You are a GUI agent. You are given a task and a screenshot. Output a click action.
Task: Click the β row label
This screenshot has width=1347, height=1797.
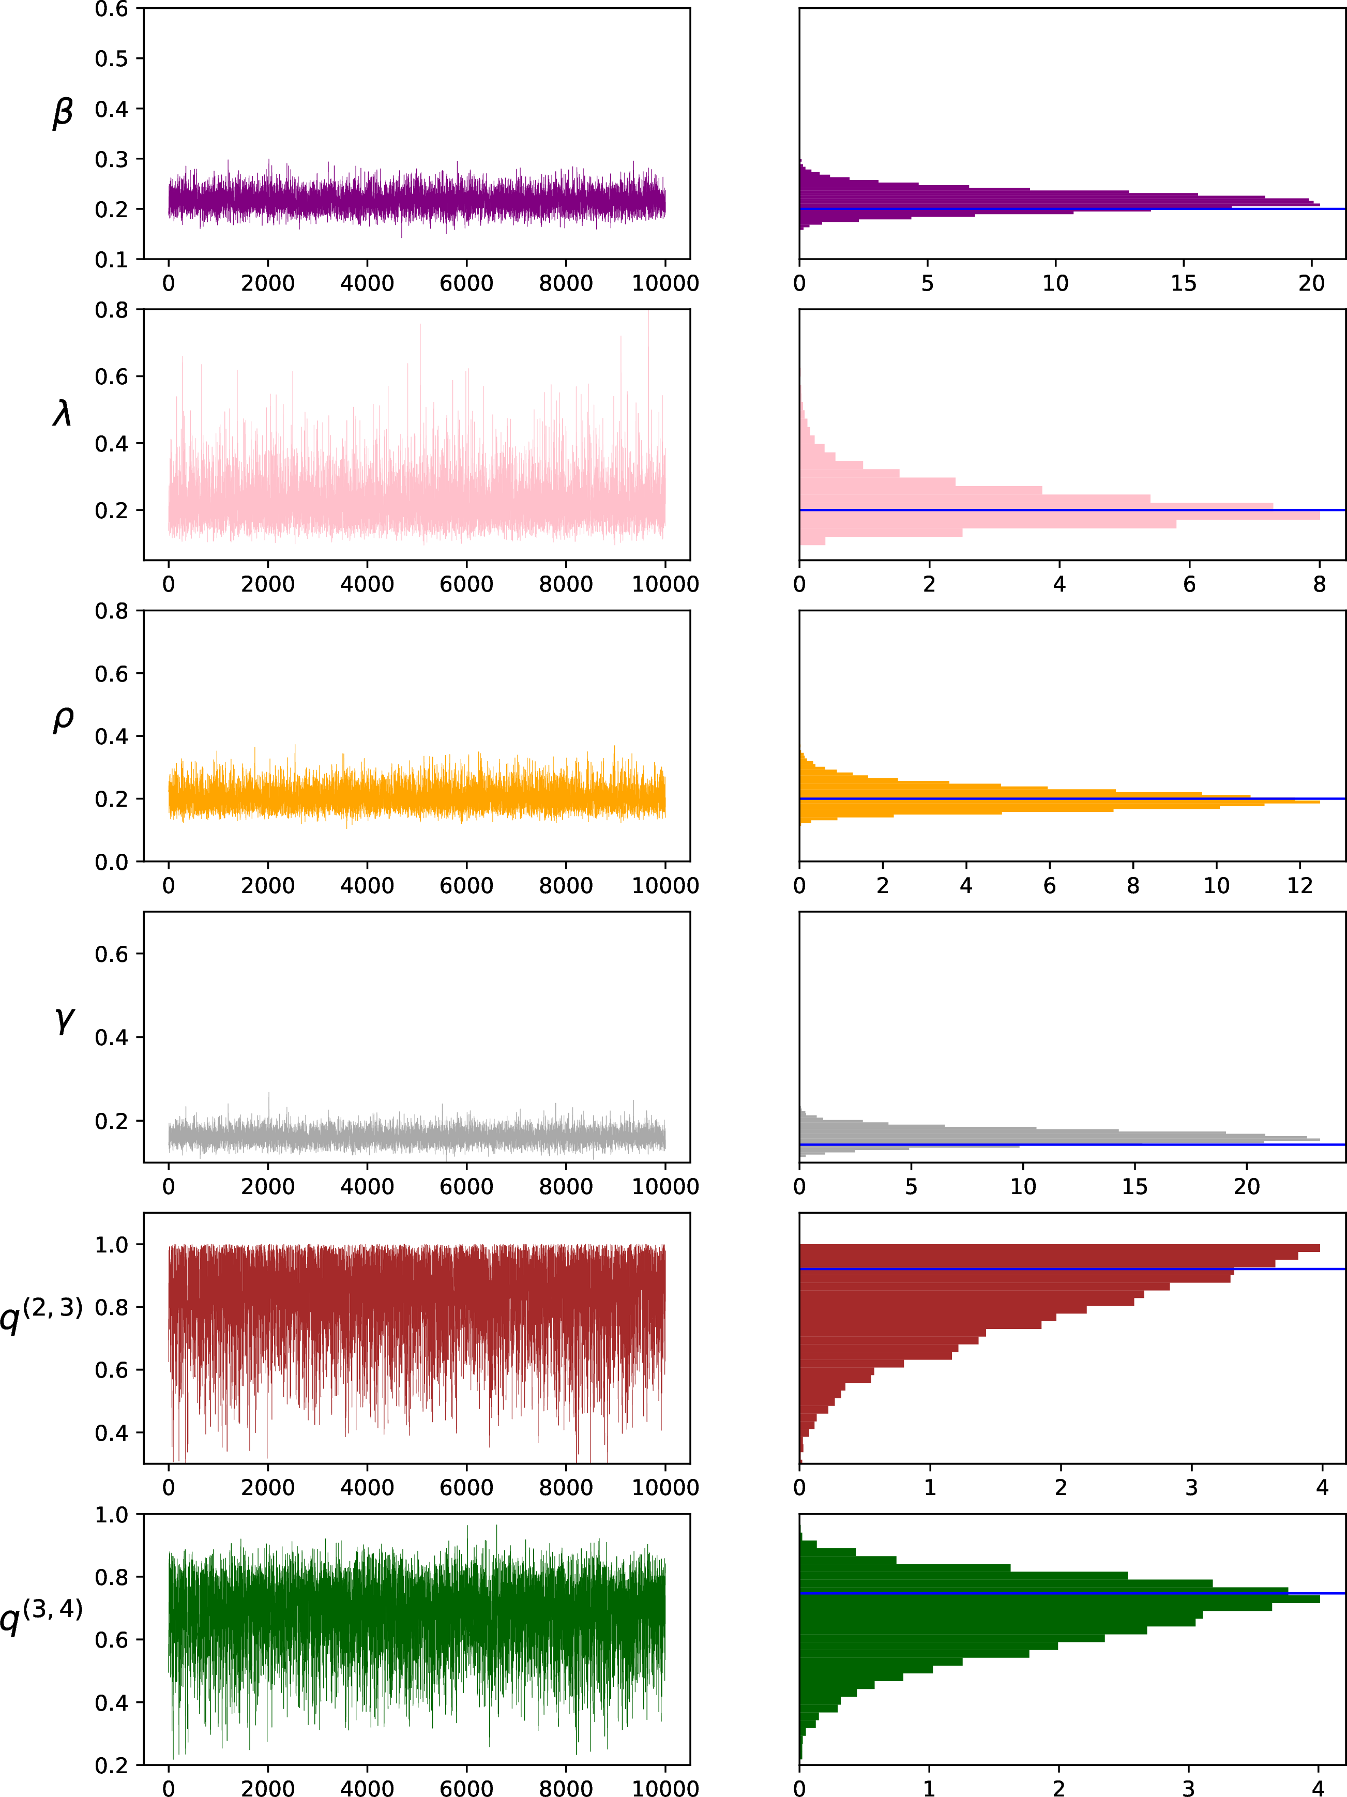click(63, 113)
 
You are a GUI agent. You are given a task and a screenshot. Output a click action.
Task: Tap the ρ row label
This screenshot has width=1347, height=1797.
click(63, 719)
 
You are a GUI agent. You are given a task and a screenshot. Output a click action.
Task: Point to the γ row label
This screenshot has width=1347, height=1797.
click(64, 1020)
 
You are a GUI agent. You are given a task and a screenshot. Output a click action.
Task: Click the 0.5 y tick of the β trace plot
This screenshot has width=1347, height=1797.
click(111, 58)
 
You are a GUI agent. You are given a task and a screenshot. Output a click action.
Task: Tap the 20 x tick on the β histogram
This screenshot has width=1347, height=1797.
click(1311, 283)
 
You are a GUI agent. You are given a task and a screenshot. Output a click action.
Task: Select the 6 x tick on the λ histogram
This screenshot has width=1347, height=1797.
click(1189, 584)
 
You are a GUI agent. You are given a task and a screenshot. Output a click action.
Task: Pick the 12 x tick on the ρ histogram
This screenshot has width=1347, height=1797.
click(1300, 885)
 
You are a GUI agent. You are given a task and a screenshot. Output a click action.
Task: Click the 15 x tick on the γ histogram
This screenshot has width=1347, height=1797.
click(1135, 1187)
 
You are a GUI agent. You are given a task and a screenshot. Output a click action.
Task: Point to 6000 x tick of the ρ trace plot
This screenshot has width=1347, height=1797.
click(466, 885)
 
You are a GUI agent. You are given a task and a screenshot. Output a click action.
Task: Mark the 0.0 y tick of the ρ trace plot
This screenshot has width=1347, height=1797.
click(111, 862)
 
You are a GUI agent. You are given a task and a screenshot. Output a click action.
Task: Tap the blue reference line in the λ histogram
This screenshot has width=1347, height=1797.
click(1072, 510)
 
